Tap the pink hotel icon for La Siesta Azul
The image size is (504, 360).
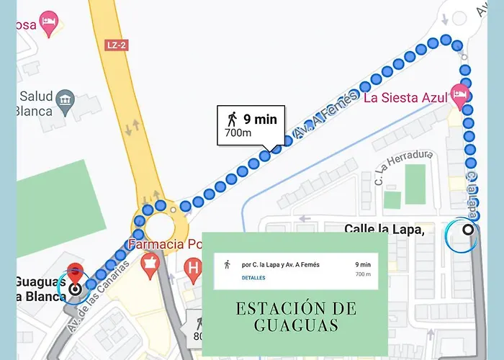tap(459, 94)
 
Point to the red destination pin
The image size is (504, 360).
tap(75, 276)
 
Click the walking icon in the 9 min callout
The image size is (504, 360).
tap(232, 119)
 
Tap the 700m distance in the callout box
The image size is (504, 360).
tap(238, 133)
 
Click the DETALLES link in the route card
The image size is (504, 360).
tap(253, 278)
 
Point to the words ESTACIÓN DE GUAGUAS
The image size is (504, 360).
tap(295, 317)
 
